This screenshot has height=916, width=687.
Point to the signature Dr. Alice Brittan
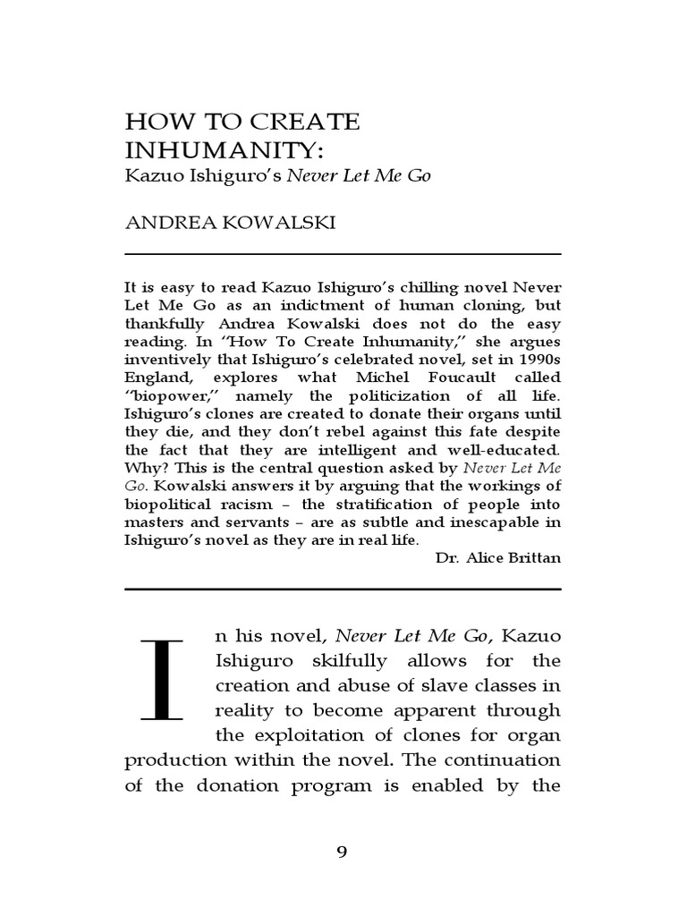point(497,556)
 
